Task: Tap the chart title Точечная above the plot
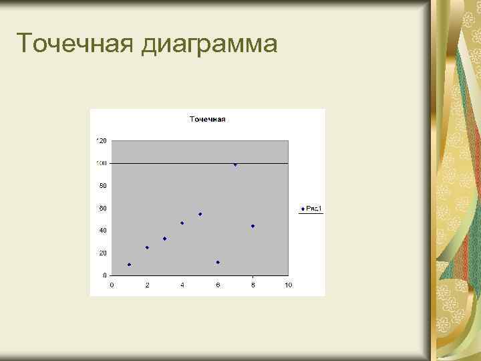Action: pos(208,120)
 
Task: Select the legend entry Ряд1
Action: pos(314,209)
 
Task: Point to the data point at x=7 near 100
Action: pos(235,164)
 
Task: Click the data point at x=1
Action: pos(129,265)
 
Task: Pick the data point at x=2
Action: pos(147,247)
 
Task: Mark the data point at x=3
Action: pos(164,239)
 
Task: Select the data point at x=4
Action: pos(182,223)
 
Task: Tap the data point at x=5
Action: pos(200,214)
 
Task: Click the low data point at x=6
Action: pos(218,262)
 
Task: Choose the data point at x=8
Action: pos(253,226)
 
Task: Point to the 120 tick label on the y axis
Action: pos(102,140)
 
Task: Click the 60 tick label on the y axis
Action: pos(103,208)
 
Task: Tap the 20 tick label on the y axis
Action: pos(103,253)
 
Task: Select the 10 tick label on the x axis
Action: pos(288,285)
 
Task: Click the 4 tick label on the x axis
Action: pos(182,285)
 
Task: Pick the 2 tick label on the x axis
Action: pos(147,285)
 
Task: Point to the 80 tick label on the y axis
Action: pos(103,185)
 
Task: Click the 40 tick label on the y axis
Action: pos(103,230)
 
